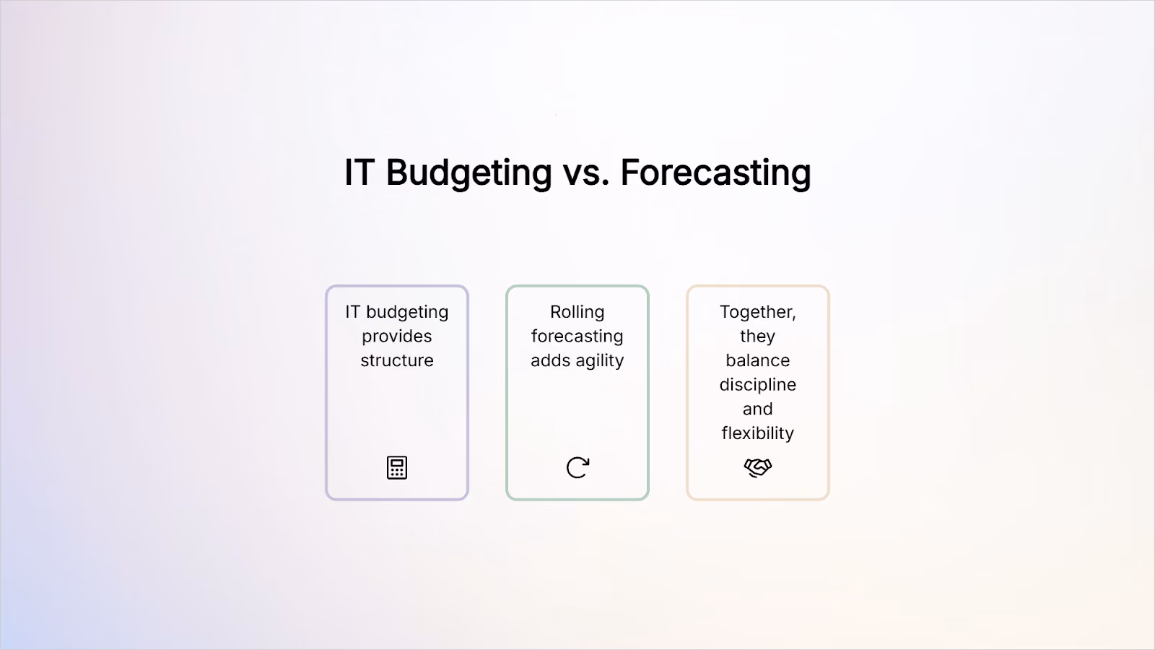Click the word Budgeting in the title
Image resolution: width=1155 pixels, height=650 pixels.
[x=468, y=173]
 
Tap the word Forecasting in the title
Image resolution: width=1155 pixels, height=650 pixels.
[x=715, y=173]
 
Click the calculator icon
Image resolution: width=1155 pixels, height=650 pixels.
[x=397, y=467]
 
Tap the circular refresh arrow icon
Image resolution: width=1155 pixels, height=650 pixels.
[x=577, y=467]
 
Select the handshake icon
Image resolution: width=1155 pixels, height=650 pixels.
[x=758, y=467]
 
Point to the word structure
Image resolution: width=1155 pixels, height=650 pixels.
[x=397, y=360]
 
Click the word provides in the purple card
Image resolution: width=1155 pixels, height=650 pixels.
[x=397, y=337]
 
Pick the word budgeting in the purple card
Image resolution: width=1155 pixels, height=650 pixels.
[x=407, y=313]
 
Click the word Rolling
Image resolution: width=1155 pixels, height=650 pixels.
[x=577, y=313]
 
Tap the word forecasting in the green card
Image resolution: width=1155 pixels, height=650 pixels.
[x=577, y=337]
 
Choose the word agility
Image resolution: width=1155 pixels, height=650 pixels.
[x=600, y=361]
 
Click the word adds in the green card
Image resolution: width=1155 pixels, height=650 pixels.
[x=551, y=360]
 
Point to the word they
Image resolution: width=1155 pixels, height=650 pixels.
[x=757, y=337]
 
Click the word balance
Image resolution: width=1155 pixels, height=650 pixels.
[x=757, y=360]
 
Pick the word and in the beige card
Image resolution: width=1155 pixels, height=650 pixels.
[x=757, y=409]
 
